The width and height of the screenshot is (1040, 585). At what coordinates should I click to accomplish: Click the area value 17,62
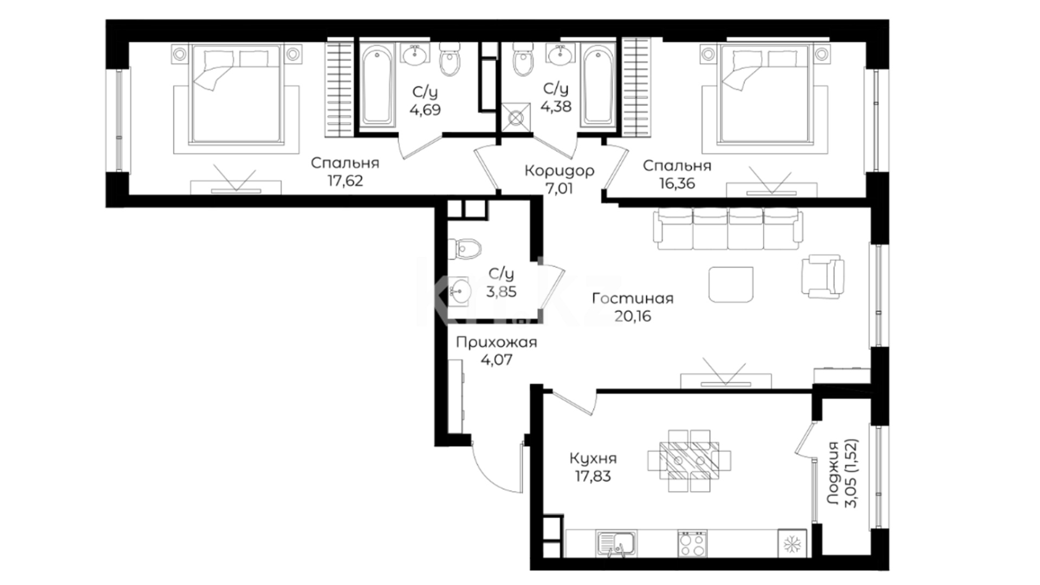(345, 180)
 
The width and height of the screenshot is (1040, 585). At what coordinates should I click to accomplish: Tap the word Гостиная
(633, 298)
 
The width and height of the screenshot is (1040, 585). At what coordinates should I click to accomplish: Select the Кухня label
(593, 459)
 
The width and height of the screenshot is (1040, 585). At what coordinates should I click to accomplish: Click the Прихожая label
(496, 342)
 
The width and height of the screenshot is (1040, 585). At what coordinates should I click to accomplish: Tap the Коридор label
(560, 171)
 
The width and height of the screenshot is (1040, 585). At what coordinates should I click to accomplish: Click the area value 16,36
(677, 183)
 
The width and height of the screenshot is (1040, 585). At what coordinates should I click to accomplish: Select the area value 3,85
(502, 292)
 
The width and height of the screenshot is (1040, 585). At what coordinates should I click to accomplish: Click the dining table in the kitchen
(690, 460)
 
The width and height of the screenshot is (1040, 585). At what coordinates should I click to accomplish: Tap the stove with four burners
(692, 543)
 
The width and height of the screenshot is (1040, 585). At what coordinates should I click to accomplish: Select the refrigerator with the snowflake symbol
(792, 543)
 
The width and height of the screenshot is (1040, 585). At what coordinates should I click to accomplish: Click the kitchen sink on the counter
(617, 543)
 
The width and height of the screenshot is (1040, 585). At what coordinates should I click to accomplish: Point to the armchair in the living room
(823, 276)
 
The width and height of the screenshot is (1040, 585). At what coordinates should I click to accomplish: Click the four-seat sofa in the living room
(729, 229)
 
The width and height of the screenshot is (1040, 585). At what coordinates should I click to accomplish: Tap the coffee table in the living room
(731, 284)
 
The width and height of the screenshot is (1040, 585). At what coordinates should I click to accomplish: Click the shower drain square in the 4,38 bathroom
(515, 118)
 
